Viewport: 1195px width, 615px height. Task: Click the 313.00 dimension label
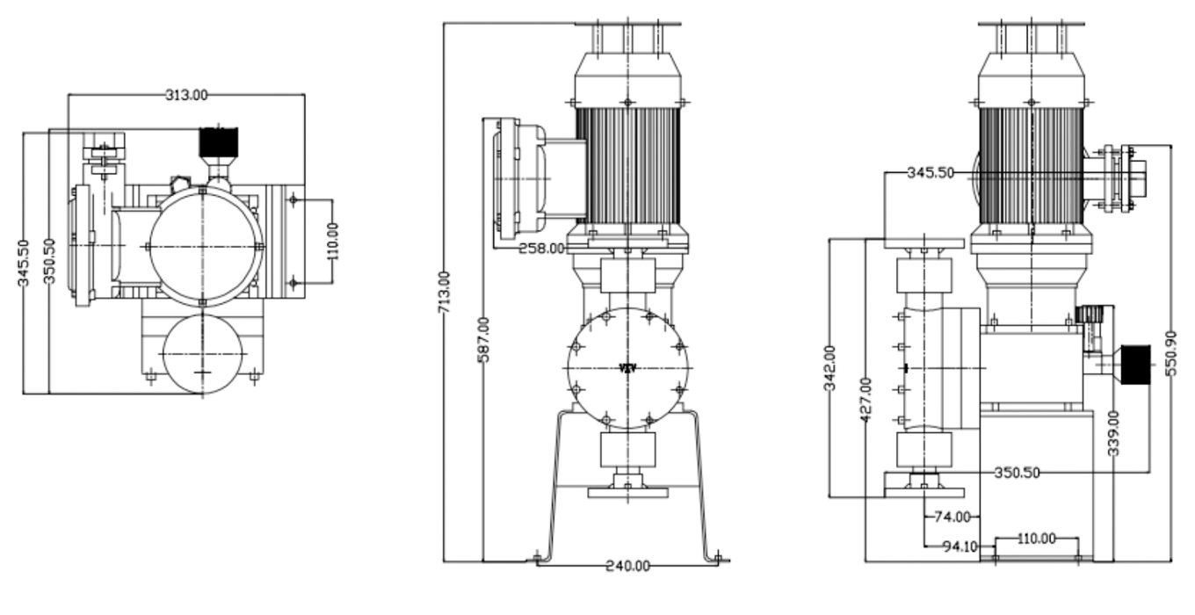185,94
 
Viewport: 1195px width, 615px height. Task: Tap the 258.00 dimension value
541,249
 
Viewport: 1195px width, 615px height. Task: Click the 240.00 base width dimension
626,566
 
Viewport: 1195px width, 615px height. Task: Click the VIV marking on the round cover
627,368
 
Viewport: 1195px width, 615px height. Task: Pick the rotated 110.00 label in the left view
332,242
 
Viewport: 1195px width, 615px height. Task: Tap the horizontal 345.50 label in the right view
930,173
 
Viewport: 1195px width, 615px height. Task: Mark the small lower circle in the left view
203,354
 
